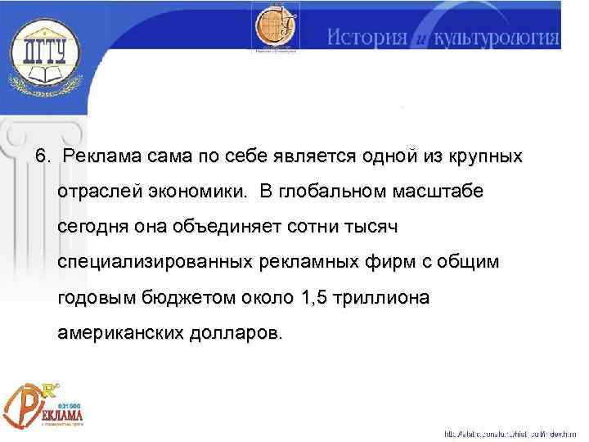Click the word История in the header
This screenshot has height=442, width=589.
(x=368, y=37)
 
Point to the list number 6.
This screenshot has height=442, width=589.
(x=42, y=156)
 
